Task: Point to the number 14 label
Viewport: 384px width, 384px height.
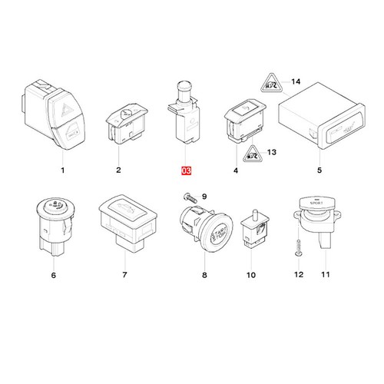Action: pos(298,80)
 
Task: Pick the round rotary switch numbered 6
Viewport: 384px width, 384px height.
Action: pos(54,223)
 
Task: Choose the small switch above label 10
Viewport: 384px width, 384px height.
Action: pos(250,229)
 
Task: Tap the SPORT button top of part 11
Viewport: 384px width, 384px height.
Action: pos(316,201)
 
